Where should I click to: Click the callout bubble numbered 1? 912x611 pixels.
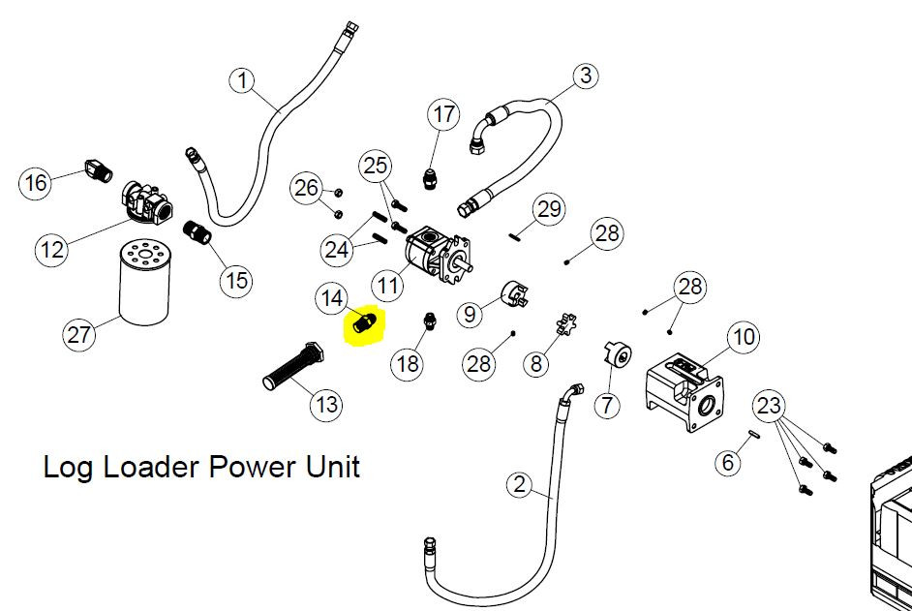(x=243, y=80)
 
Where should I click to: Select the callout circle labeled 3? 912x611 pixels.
(x=585, y=76)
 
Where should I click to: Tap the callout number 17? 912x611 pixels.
(x=443, y=114)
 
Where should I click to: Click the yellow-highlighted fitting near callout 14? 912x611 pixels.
(x=362, y=324)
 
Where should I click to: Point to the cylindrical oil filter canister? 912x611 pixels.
(x=144, y=283)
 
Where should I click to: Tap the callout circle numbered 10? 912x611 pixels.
(x=744, y=337)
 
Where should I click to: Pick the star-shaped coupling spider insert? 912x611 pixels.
(x=566, y=323)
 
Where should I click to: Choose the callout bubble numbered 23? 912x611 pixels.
(x=769, y=406)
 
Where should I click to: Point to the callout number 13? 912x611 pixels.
(x=326, y=403)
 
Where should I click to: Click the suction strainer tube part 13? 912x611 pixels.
(x=293, y=365)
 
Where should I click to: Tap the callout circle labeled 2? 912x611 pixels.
(x=519, y=484)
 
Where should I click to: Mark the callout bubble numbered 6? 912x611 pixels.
(x=728, y=462)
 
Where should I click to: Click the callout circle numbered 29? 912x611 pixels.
(x=549, y=209)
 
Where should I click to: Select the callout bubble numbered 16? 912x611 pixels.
(x=35, y=183)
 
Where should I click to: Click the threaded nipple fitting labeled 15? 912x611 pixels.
(x=198, y=231)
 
